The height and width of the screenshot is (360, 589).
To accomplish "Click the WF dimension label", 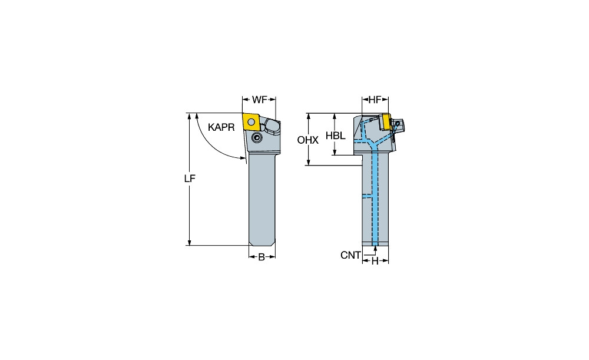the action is click(259, 100).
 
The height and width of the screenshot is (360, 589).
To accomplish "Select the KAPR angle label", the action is click(221, 127).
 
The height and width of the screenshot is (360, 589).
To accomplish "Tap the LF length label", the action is click(190, 179).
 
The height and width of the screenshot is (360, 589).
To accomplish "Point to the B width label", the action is click(262, 257).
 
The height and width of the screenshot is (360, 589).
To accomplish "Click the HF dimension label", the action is click(375, 100).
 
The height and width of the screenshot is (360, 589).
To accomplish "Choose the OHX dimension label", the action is click(307, 140).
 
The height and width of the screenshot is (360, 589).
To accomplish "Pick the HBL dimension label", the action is click(336, 136).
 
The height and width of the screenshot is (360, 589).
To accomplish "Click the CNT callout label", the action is click(350, 255).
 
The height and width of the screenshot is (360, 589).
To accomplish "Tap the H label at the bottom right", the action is click(375, 261).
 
